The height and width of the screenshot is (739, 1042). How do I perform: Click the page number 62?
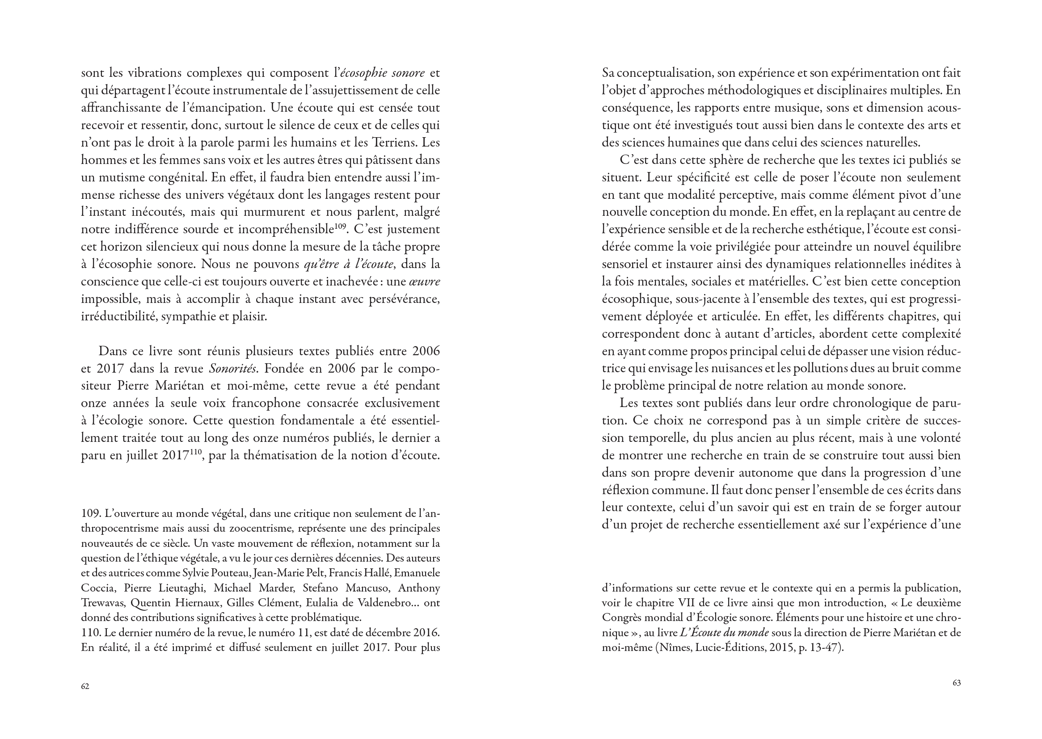coord(85,686)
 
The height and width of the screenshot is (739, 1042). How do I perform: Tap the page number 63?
coord(957,683)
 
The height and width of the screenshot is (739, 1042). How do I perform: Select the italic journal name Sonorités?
coord(230,368)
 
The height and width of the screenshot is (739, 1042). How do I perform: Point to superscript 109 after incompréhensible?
coord(341,226)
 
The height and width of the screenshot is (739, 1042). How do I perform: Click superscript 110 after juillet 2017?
coord(199,452)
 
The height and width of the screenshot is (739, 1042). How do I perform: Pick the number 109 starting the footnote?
coord(90,513)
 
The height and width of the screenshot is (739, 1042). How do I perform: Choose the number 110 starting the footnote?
coord(90,633)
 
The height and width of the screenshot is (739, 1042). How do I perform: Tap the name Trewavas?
coord(103,603)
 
